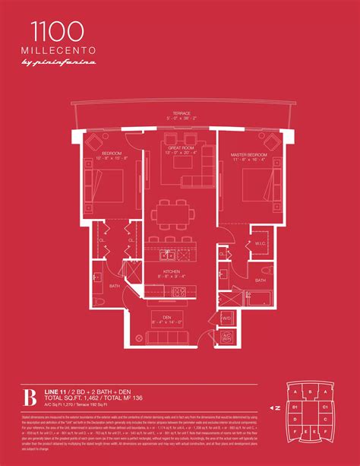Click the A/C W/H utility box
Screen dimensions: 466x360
click(x=226, y=337)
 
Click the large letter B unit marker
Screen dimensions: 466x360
click(x=29, y=398)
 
